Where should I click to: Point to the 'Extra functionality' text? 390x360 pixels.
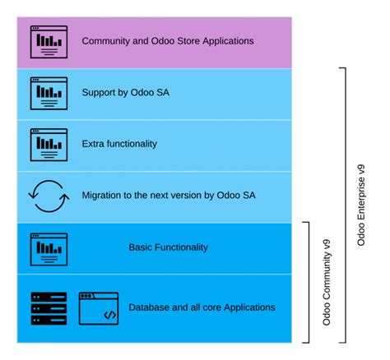coord(119,144)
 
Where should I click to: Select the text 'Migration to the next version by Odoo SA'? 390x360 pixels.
coord(169,196)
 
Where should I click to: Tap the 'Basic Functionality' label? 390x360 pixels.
coord(168,247)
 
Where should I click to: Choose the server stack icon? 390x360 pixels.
coord(45,307)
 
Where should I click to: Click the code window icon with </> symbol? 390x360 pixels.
coord(99,307)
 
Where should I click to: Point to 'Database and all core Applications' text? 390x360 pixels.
coord(202,307)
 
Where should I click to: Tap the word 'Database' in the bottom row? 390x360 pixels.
coord(150,307)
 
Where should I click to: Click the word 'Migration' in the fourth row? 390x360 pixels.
coord(103,196)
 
